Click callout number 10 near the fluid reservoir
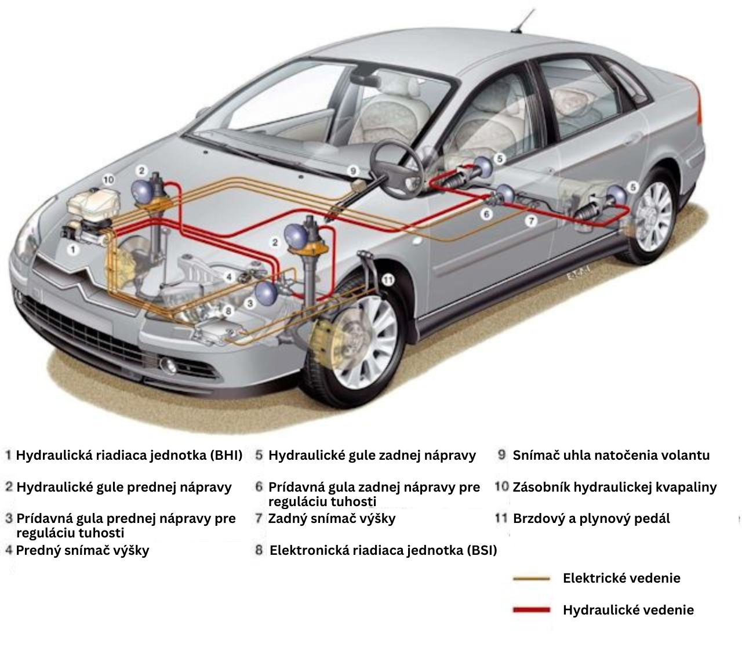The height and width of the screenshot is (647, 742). click(x=108, y=180)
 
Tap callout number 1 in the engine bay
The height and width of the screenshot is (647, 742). click(x=72, y=250)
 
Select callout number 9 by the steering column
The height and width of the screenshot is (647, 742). click(x=352, y=170)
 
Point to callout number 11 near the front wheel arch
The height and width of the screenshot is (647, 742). click(x=388, y=279)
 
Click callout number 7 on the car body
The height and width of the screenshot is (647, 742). click(x=531, y=220)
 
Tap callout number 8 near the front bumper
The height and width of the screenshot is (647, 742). click(x=228, y=311)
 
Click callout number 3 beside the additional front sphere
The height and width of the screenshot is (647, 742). click(x=250, y=303)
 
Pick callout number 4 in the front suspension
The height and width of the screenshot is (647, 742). click(x=230, y=277)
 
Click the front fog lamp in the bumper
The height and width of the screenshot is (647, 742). click(x=170, y=365)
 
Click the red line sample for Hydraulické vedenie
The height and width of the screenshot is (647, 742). click(x=531, y=610)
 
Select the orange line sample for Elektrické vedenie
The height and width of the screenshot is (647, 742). click(x=531, y=578)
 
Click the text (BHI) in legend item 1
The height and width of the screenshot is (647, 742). click(x=227, y=455)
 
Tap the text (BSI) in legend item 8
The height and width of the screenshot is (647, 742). click(x=482, y=550)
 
